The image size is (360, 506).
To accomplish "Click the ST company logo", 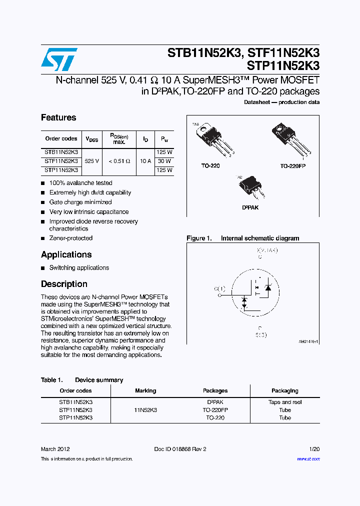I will (x=59, y=59).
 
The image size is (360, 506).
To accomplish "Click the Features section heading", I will (x=58, y=117).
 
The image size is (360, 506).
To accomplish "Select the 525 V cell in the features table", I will (x=92, y=161).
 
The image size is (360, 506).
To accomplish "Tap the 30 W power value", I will (x=164, y=161).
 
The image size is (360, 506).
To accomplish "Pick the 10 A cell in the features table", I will (x=145, y=161).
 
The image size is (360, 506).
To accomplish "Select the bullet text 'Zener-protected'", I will (x=71, y=238).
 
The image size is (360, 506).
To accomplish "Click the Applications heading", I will (x=66, y=254).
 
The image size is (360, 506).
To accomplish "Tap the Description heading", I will (x=64, y=284).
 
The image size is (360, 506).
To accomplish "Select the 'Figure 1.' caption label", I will (x=199, y=238).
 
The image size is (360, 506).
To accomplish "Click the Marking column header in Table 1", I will (x=145, y=390).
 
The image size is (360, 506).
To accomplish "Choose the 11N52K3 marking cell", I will (x=145, y=410).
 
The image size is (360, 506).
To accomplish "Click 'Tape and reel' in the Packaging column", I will (x=285, y=402).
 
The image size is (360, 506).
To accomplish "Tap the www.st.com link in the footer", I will (x=308, y=458).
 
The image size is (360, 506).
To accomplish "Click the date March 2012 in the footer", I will (x=55, y=449).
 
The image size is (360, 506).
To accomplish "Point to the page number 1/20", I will (x=314, y=449).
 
